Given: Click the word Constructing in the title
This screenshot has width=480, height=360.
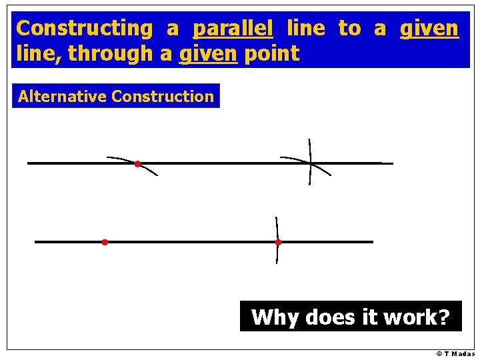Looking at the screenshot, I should (x=84, y=28).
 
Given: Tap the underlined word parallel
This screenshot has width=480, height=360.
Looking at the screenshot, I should (x=233, y=28).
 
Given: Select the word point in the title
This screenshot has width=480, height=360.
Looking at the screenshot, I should (x=272, y=54).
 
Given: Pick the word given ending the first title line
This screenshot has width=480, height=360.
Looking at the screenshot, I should (x=429, y=28).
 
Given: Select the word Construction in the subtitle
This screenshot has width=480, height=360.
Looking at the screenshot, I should (x=163, y=96).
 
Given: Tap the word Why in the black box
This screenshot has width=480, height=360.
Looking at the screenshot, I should (x=275, y=317).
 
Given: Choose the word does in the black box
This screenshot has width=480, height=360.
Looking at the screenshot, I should (x=331, y=317).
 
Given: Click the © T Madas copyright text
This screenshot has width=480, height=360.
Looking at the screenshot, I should (x=455, y=354).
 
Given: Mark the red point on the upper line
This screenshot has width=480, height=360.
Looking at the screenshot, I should (x=137, y=163).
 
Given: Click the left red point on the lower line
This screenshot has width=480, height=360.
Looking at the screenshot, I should (x=105, y=242).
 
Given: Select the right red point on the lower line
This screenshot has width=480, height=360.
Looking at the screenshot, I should (x=278, y=242).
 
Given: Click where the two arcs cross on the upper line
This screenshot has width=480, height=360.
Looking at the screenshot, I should (x=311, y=163).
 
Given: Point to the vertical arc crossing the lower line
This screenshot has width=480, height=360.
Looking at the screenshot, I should (x=277, y=227).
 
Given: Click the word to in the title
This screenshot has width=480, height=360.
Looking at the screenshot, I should (x=349, y=28).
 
